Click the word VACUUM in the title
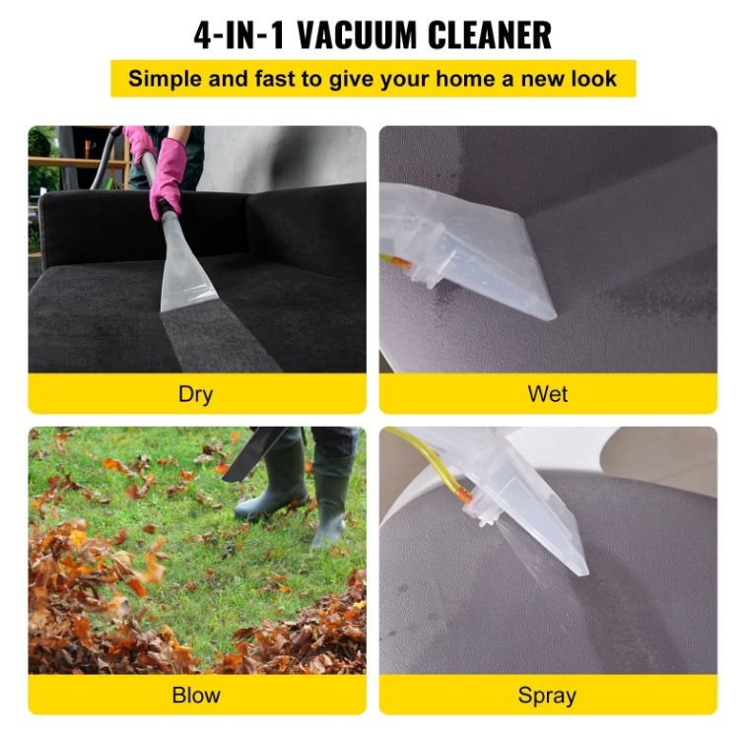click(x=357, y=34)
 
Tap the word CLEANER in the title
click(x=490, y=34)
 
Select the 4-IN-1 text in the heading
click(x=238, y=34)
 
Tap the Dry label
click(x=195, y=395)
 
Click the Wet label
click(x=547, y=394)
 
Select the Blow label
click(x=196, y=695)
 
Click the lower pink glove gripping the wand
click(x=168, y=178)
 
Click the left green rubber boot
click(x=274, y=482)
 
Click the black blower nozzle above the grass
click(x=254, y=453)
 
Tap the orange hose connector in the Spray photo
click(x=463, y=496)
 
